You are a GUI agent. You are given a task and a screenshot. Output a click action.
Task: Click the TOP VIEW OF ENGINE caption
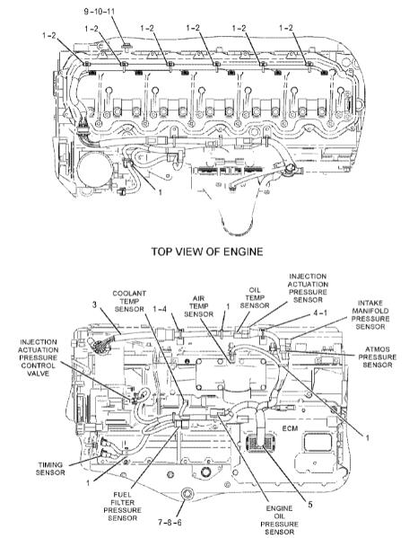point(207,251)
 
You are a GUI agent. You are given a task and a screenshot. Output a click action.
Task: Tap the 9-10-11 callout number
point(100,12)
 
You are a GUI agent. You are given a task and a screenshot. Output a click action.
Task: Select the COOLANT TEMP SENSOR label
point(129,301)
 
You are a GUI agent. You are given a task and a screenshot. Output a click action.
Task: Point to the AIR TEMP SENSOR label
point(199,306)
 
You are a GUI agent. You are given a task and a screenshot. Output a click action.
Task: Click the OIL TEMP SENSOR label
point(255,297)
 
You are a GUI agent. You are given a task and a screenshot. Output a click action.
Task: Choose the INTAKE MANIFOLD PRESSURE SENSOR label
point(370,315)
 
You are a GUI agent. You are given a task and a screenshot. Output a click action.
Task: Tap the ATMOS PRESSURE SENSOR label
point(378,357)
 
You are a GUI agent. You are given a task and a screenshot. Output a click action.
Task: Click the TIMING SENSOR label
point(50,469)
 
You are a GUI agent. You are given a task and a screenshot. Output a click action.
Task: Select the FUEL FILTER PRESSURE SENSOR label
point(122,506)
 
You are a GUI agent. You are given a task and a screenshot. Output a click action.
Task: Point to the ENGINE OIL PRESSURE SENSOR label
point(280,520)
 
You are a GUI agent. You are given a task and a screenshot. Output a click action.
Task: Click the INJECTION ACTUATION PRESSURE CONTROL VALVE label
point(38,357)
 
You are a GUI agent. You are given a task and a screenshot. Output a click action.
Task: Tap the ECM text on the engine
point(290,428)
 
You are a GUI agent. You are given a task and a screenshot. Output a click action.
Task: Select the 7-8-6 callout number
point(170,523)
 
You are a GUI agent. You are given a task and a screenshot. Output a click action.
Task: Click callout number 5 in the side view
point(310,505)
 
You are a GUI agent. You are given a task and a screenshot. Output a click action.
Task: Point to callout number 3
point(94,304)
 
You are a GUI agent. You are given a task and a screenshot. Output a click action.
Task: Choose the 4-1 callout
point(320,313)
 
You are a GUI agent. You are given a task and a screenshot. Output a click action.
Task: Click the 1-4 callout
point(160,309)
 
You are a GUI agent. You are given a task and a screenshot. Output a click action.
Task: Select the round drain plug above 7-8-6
point(187,494)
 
